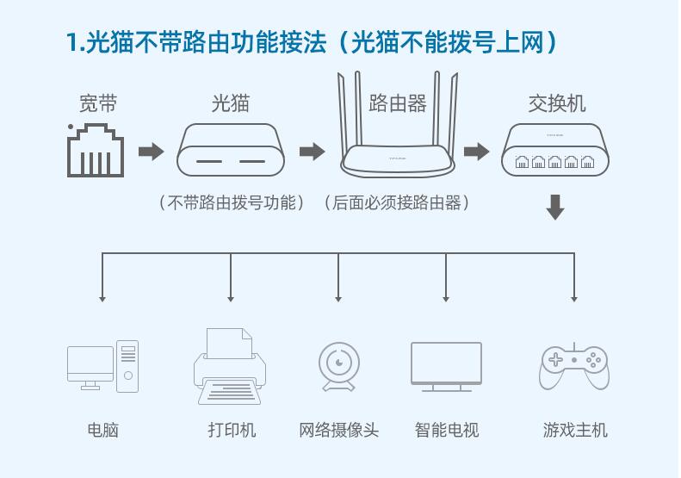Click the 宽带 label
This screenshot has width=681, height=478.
point(97,104)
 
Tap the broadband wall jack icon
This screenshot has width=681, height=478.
point(96,152)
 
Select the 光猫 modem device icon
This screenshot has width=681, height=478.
point(230,151)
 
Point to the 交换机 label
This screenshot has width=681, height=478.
point(556,104)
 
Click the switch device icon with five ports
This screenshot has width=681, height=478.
point(555,151)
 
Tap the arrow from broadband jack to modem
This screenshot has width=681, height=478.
point(151,152)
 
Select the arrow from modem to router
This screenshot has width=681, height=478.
point(312,152)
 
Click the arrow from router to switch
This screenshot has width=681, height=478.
point(476,152)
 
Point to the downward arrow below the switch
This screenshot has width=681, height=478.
point(555,207)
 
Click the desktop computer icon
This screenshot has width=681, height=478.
point(102,367)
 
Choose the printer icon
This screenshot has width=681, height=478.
point(230,367)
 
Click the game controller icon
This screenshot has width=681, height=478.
point(574,367)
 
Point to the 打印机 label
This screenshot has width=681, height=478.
point(232,430)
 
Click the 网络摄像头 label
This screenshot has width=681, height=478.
point(338,430)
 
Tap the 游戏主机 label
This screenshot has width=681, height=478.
point(575,430)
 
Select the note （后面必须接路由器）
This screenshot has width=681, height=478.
point(397,203)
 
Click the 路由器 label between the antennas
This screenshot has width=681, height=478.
point(398,104)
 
